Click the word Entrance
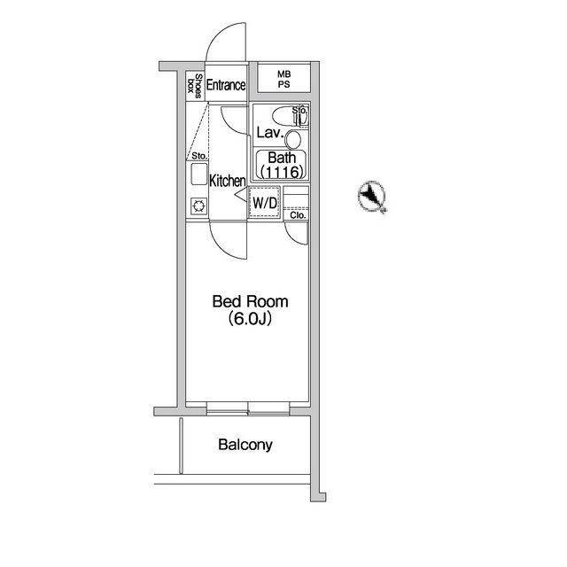pos(226,86)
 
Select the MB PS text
pos(283,80)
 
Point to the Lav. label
pos(268,134)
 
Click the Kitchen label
pos(227,181)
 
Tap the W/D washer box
pos(265,203)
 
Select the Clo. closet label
pos(297,214)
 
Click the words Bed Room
pos(250,302)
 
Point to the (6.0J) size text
pos(250,319)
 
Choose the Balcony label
pos(245,445)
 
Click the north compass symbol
pos(372,196)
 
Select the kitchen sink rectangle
pos(198,174)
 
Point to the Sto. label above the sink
pos(198,156)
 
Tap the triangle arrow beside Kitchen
pos(239,200)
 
